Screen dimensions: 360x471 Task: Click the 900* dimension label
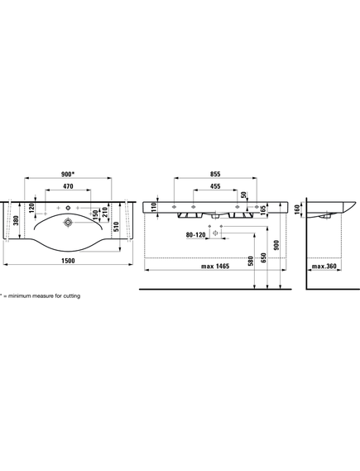tap(68, 174)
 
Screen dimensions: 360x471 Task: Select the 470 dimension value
tap(68, 186)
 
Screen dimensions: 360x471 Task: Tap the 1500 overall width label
tap(68, 261)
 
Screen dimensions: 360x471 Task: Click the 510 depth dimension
tap(116, 226)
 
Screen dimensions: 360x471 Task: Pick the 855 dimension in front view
tap(215, 174)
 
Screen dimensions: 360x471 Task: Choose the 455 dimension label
tap(215, 186)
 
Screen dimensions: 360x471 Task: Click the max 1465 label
tap(215, 267)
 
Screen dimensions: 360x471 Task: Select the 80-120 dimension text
tap(195, 235)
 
